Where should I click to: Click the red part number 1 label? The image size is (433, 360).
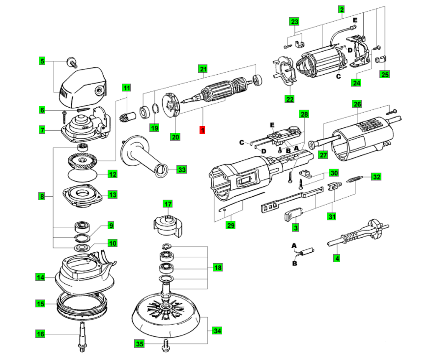pos(202,130)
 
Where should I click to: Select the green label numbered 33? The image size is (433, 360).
pos(182,170)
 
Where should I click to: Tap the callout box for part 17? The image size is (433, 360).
pos(168,204)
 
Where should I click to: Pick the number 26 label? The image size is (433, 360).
pos(357,104)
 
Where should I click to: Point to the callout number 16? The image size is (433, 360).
pos(41,334)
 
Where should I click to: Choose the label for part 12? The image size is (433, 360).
pos(113,174)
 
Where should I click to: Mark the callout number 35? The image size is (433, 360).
pos(140,344)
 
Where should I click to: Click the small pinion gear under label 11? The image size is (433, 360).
pos(124,118)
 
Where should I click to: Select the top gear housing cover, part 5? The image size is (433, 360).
pos(81,86)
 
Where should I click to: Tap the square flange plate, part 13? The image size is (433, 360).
pos(82,195)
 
